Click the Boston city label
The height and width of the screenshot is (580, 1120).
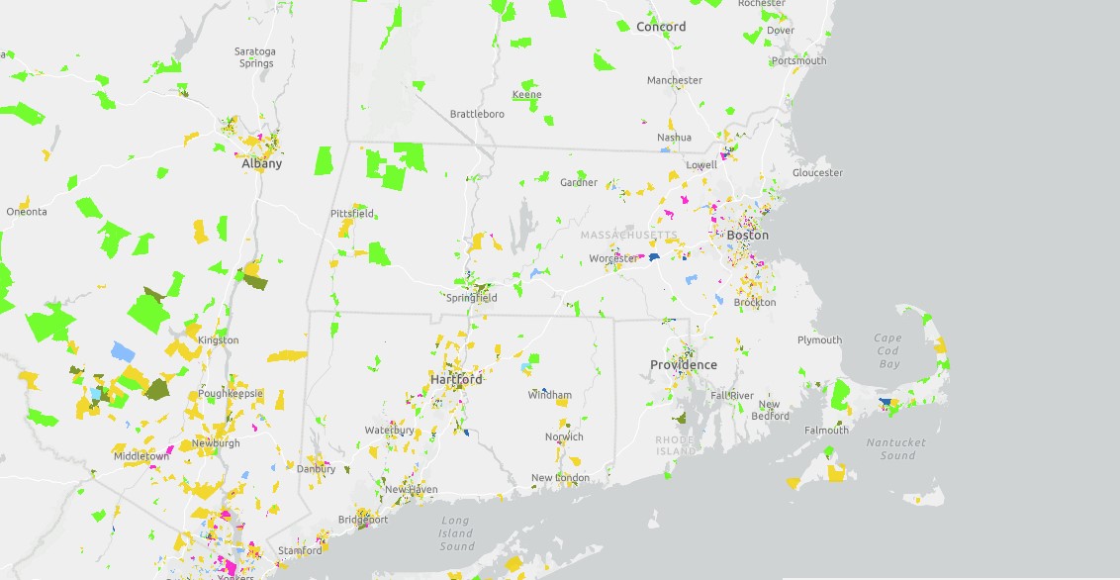point(747,236)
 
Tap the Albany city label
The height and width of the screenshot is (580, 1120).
point(262,164)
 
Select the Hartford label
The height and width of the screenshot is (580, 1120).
point(456,379)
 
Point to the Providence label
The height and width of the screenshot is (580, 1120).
point(684,365)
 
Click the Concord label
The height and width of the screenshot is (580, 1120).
point(661,27)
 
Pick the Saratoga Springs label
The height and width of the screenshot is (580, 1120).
point(255,57)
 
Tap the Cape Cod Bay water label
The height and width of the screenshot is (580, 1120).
point(888,351)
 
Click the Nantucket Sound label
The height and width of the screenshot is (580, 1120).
point(897,449)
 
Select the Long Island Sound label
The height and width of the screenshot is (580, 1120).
point(456,533)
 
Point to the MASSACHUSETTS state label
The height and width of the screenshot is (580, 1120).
point(629,236)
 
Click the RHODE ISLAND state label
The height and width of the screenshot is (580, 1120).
point(677,444)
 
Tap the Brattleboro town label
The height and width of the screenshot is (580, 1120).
point(477,114)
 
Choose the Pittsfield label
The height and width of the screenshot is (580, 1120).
point(352,213)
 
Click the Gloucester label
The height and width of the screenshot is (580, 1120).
point(817,173)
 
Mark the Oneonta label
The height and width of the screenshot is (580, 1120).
point(27,212)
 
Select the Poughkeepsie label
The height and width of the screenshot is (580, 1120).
point(230,393)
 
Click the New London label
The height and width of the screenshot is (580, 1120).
point(560,478)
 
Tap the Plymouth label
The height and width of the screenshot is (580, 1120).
point(819,340)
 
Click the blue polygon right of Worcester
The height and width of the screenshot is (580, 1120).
point(655,254)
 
